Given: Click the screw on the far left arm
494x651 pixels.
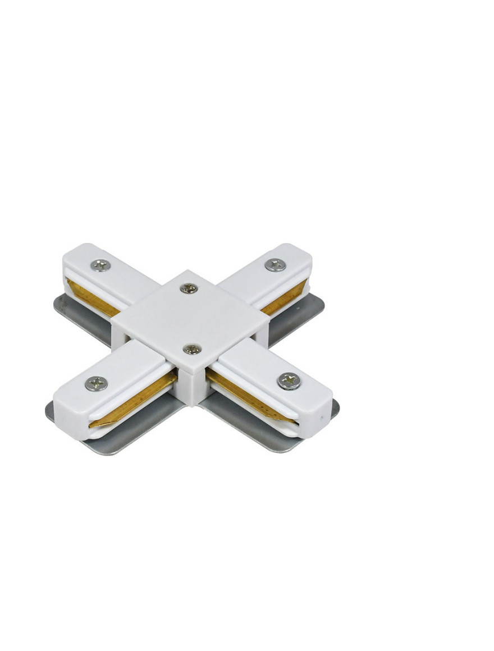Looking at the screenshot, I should click(x=100, y=265).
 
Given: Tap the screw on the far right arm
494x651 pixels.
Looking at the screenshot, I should click(x=275, y=265).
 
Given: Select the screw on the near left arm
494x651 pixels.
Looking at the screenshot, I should click(x=96, y=383).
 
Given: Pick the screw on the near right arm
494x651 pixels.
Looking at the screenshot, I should click(x=289, y=381).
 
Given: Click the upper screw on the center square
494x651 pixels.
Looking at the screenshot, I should click(x=189, y=288).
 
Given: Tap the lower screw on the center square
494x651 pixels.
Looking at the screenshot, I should click(x=192, y=349).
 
